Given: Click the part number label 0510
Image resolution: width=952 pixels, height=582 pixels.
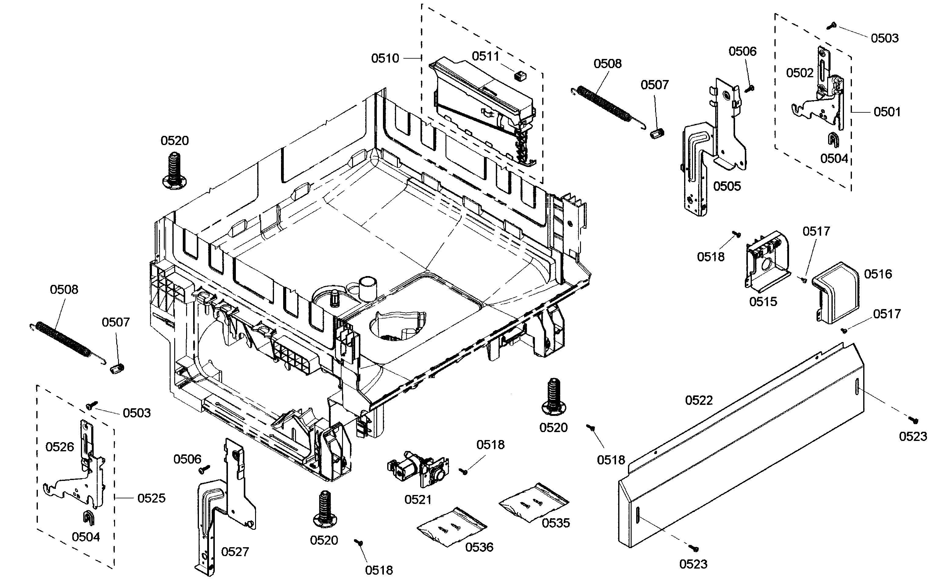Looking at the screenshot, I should [x=385, y=58].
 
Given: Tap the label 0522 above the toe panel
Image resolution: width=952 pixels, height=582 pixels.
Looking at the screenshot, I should [x=698, y=400].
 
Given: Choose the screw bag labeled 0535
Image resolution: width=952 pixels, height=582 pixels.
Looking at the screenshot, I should [x=533, y=502].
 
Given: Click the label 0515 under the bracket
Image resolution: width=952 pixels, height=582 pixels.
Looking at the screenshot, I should [x=763, y=302].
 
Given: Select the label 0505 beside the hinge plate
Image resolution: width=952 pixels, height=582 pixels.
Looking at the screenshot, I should [x=727, y=186].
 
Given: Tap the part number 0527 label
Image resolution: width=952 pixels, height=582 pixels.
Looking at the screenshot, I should [x=235, y=552].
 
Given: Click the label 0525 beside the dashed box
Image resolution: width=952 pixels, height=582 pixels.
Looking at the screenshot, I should [x=151, y=498].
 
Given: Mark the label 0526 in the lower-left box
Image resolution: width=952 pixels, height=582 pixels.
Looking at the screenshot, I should [x=60, y=447].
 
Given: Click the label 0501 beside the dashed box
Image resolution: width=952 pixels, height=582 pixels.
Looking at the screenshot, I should [x=887, y=112].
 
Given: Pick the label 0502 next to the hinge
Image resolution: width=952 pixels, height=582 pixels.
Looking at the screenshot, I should [x=799, y=73].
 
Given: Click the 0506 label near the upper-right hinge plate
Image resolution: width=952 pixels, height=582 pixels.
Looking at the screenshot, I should [x=742, y=51].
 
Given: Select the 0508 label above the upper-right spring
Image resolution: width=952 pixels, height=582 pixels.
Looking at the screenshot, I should [x=608, y=64].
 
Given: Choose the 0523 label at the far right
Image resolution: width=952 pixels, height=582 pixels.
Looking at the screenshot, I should [x=913, y=437].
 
